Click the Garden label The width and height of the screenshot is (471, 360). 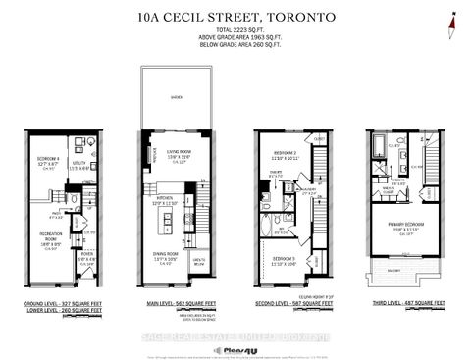176,98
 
